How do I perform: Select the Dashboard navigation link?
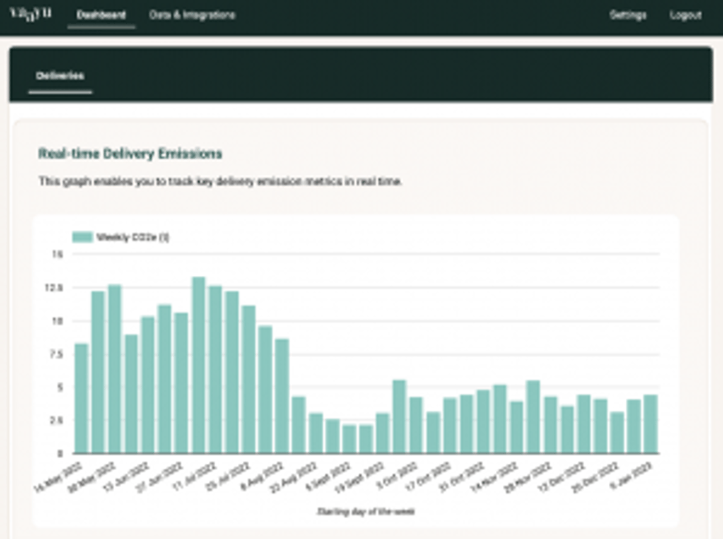click(101, 15)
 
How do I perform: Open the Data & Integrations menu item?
click(192, 15)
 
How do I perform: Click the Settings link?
click(628, 15)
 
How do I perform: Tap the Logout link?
click(685, 15)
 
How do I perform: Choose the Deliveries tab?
click(60, 76)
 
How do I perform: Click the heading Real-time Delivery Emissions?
click(130, 154)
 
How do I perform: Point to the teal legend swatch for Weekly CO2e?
click(82, 237)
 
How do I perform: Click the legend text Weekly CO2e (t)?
click(132, 237)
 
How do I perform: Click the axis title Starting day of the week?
click(365, 511)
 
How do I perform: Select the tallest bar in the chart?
click(198, 365)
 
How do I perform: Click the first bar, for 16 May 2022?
click(81, 399)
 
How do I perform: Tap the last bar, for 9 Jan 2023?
click(650, 424)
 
